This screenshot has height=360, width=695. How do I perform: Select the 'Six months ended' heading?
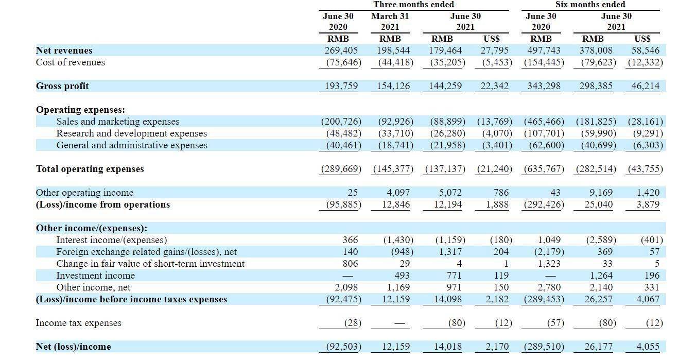point(590,5)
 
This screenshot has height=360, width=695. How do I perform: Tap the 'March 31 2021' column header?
point(390,21)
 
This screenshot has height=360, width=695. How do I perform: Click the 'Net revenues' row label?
point(64,50)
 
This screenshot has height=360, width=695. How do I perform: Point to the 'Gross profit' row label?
point(62,86)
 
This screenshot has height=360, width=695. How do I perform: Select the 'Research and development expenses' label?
point(131,133)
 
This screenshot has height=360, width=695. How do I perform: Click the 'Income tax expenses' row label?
point(78,323)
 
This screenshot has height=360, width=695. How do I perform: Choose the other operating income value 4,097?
point(398,193)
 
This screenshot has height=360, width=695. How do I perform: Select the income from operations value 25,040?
point(598,204)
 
